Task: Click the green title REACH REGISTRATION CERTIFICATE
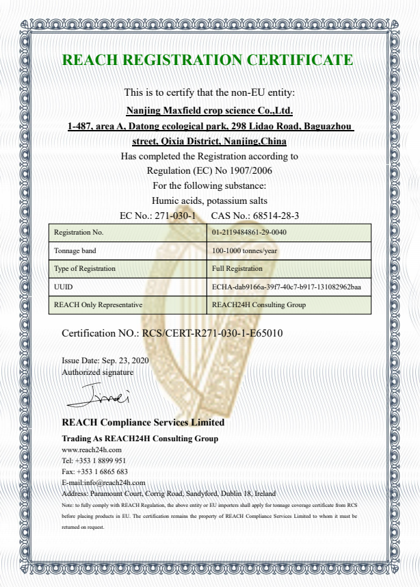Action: (208, 60)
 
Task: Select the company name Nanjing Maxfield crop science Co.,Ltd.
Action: (210, 109)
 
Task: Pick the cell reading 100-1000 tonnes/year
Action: (244, 250)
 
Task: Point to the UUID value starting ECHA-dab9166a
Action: (287, 287)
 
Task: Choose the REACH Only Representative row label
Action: (98, 305)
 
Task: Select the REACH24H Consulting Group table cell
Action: (259, 305)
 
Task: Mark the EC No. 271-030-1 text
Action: (157, 216)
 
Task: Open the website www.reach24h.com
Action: (92, 449)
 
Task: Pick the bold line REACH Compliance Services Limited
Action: (142, 422)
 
